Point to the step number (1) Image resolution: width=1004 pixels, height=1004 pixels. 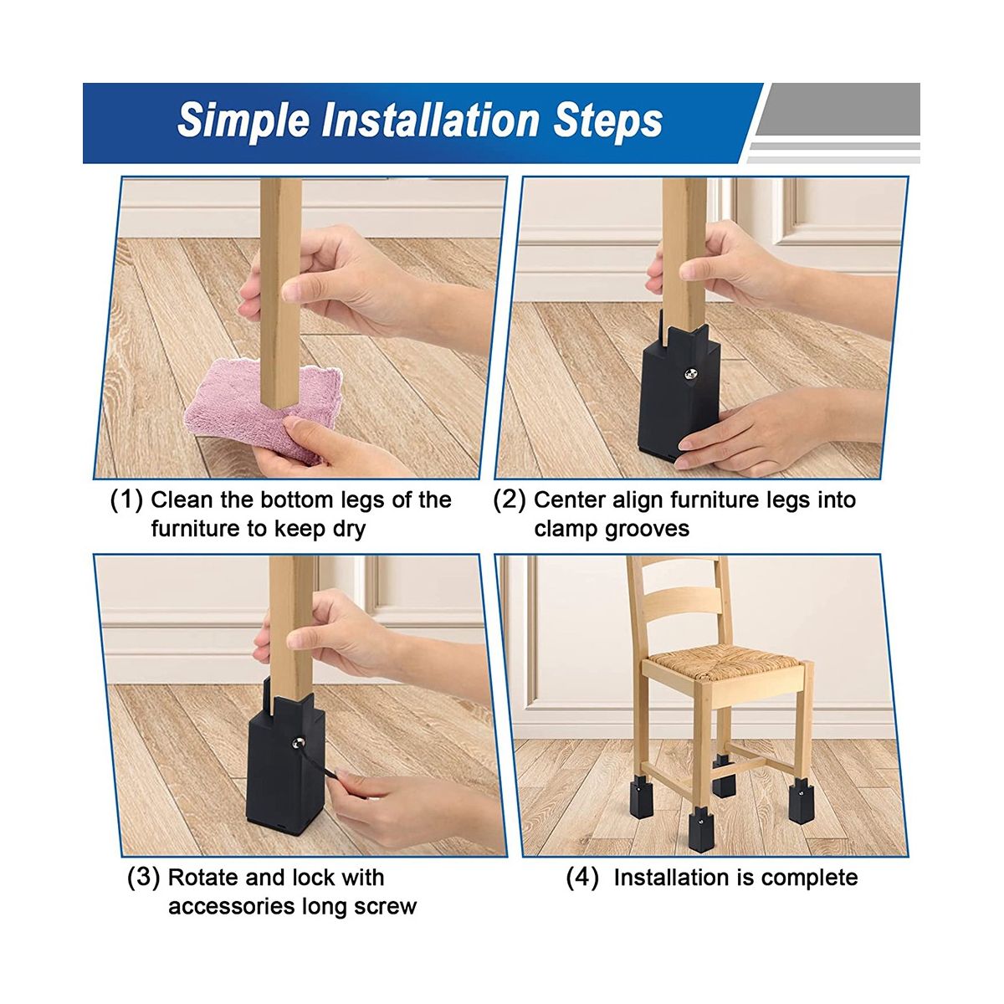[x=126, y=500]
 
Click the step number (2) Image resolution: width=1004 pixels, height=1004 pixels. [x=510, y=500]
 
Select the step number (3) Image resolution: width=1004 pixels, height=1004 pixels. [x=143, y=878]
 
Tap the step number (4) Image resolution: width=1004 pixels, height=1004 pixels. [x=582, y=878]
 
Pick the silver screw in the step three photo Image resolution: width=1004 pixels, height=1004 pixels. [x=300, y=742]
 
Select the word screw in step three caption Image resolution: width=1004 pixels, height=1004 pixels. [x=386, y=907]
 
